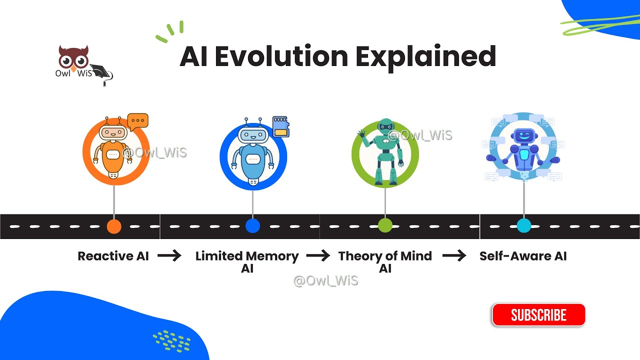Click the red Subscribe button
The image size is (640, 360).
pos(538,315)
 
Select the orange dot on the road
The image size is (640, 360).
pos(114,226)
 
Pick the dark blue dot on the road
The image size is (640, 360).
pos(253,226)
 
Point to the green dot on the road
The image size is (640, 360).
pos(385,225)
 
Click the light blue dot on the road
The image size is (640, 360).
pos(523,225)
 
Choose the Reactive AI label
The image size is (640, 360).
pos(113,256)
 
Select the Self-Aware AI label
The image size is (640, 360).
pos(523,256)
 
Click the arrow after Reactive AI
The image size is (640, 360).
pos(169,256)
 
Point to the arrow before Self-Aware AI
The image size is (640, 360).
pos(454,256)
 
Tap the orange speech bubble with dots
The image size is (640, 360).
pos(137,121)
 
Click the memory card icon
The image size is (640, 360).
pos(281,126)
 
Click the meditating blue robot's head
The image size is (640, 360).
pos(523,135)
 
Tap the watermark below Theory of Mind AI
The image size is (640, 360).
pos(325,280)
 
